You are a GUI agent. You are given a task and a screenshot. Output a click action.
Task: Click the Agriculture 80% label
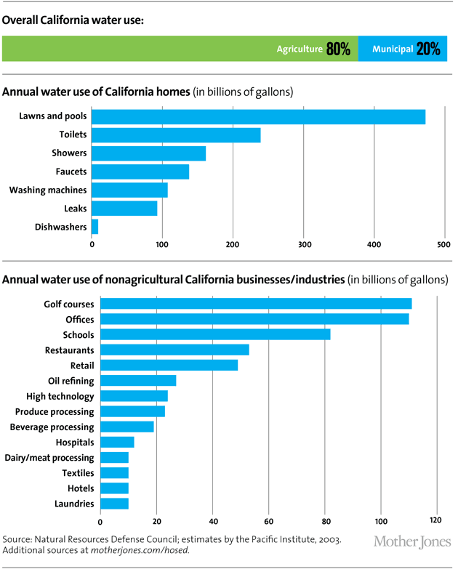(x=313, y=49)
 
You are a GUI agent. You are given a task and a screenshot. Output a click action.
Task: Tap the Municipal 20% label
(x=406, y=49)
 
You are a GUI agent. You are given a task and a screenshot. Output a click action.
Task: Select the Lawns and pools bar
(x=258, y=116)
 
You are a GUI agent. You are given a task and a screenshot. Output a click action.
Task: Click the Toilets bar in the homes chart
(x=176, y=134)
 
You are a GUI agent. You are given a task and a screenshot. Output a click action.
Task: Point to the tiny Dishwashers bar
(x=95, y=227)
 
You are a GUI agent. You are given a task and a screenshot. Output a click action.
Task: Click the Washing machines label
(x=48, y=190)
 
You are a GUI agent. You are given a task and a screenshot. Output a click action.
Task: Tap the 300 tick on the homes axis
(x=304, y=245)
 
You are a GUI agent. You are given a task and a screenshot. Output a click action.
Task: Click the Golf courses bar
(x=256, y=303)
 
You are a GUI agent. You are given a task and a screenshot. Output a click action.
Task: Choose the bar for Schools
(x=215, y=334)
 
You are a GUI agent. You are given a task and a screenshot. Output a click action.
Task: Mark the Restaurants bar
(x=174, y=350)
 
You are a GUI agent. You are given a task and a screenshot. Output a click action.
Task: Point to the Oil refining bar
(x=138, y=380)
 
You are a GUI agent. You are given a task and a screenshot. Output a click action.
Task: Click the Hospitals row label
(x=74, y=442)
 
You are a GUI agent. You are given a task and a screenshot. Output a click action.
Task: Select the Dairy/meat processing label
(x=52, y=458)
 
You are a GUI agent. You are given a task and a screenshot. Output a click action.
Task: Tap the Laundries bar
(x=114, y=504)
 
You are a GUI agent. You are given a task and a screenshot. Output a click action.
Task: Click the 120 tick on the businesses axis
(x=436, y=521)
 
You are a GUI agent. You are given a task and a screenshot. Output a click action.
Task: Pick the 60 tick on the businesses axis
(x=268, y=521)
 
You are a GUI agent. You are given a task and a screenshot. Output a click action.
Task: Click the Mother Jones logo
(x=411, y=542)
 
